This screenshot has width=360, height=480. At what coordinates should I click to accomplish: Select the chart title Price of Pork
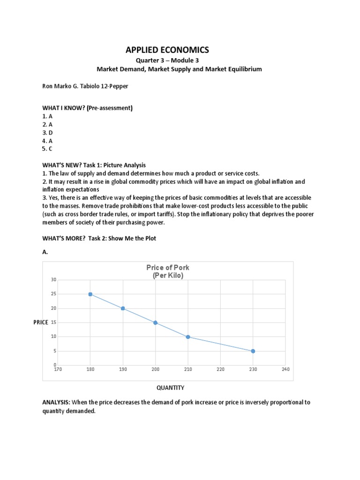click(168, 268)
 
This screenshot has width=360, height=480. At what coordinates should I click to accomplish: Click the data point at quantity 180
click(90, 294)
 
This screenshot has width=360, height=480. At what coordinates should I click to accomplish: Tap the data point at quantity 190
click(123, 308)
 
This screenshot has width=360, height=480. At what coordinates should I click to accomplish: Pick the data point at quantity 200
click(155, 322)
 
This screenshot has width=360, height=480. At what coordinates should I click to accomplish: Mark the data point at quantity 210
click(188, 337)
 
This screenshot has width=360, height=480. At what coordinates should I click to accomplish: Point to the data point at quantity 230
click(253, 351)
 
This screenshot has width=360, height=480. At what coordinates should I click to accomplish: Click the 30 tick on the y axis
click(53, 280)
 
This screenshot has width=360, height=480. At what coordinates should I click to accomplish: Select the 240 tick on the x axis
click(285, 369)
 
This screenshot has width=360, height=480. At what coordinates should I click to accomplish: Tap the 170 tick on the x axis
click(58, 369)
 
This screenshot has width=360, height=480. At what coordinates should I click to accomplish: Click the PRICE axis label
click(41, 322)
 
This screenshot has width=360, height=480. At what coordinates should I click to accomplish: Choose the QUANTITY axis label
click(170, 388)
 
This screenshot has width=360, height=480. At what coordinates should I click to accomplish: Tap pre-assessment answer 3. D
click(48, 133)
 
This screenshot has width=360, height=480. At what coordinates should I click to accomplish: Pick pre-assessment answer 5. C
click(48, 149)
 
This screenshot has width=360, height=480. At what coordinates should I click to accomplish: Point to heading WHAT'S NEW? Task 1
click(94, 165)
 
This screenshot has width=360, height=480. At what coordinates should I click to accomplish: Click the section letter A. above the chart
click(45, 252)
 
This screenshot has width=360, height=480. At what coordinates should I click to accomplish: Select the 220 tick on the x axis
click(220, 369)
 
